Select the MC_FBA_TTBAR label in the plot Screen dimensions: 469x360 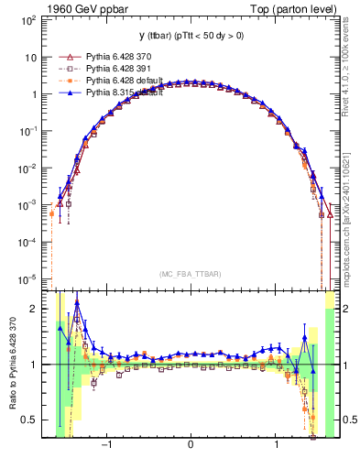(x=189, y=274)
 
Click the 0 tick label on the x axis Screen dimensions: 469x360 (x=190, y=446)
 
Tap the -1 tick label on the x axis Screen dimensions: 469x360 (x=107, y=446)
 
